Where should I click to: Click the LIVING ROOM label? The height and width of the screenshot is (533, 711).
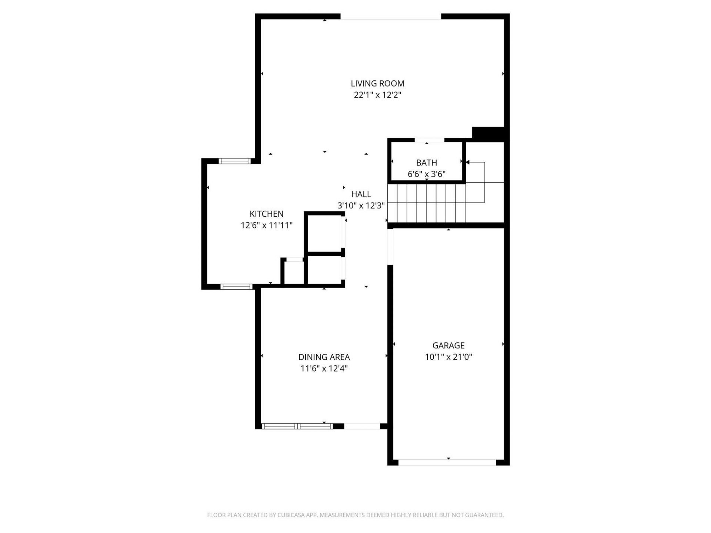click(377, 84)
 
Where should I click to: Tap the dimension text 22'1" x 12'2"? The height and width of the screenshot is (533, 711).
click(377, 95)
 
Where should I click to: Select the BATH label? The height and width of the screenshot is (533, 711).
click(426, 163)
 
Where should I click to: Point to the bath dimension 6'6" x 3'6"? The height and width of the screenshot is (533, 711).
click(426, 174)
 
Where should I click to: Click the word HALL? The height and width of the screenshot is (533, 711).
click(361, 194)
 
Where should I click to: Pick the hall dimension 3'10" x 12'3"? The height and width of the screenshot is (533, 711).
click(361, 205)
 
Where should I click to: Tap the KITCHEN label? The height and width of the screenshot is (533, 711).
click(266, 214)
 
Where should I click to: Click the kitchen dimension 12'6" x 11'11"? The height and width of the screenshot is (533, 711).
click(266, 225)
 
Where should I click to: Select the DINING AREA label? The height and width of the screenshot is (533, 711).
click(324, 357)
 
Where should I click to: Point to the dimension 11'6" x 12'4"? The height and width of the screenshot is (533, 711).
click(324, 368)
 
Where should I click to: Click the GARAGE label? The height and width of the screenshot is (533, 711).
click(448, 346)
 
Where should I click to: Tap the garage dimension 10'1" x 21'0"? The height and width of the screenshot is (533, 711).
click(448, 357)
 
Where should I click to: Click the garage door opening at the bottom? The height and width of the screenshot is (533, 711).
click(447, 462)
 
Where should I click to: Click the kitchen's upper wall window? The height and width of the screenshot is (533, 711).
click(234, 161)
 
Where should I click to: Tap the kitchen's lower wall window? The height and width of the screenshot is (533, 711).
click(236, 286)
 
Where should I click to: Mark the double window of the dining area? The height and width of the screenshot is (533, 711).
click(297, 426)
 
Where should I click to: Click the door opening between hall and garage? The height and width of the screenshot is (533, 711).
click(390, 247)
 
